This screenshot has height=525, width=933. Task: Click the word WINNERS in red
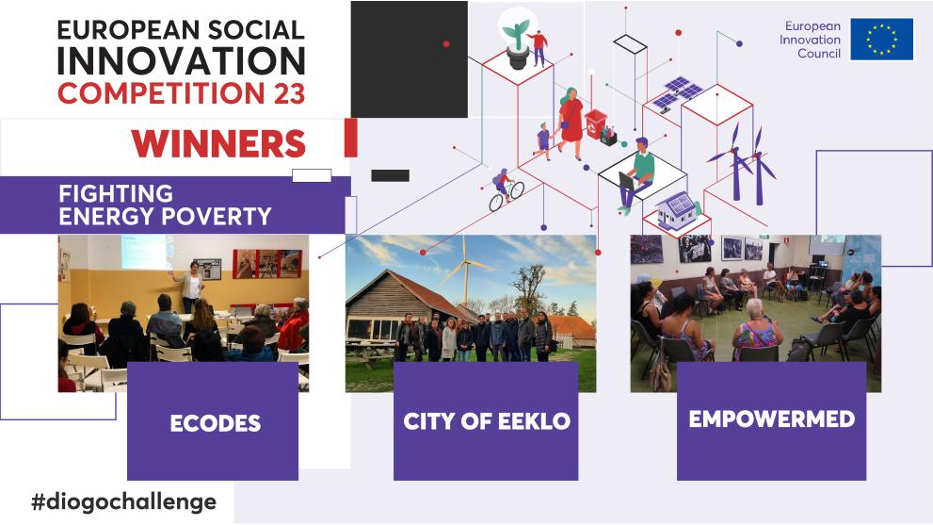[218, 142]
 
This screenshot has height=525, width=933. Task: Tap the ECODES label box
[213, 422]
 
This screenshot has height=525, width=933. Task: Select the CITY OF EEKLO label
[486, 421]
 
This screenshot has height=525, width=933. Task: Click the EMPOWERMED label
[771, 419]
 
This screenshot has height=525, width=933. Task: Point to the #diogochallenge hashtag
[123, 501]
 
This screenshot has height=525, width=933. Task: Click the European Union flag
[881, 40]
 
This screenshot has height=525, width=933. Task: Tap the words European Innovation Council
[812, 40]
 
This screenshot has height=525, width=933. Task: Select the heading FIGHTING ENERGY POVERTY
[164, 205]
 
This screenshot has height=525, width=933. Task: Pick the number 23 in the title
[285, 93]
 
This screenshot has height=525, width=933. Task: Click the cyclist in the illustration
[505, 189]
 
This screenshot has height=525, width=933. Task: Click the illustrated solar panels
[679, 91]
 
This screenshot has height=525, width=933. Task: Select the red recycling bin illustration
[596, 124]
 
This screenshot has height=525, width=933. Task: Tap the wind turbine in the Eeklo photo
[465, 269]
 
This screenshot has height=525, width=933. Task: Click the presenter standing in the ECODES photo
[194, 287]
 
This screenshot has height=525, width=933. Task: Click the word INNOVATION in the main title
[181, 60]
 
